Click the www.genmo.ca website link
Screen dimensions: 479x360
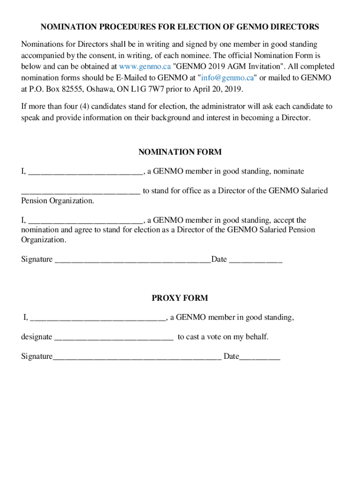[145, 66]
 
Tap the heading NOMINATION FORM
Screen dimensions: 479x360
[180, 152]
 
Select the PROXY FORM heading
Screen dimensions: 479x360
[180, 298]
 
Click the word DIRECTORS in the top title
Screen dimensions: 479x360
[294, 27]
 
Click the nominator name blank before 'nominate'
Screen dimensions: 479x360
[85, 172]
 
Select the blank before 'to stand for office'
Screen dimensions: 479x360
[80, 191]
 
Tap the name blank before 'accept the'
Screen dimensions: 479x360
[85, 220]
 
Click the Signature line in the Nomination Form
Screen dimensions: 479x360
[133, 260]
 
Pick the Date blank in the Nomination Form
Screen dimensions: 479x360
[255, 260]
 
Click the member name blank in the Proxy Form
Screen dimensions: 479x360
[98, 318]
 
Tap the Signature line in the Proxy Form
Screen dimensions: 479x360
[137, 357]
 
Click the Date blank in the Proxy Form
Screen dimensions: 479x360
[259, 357]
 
